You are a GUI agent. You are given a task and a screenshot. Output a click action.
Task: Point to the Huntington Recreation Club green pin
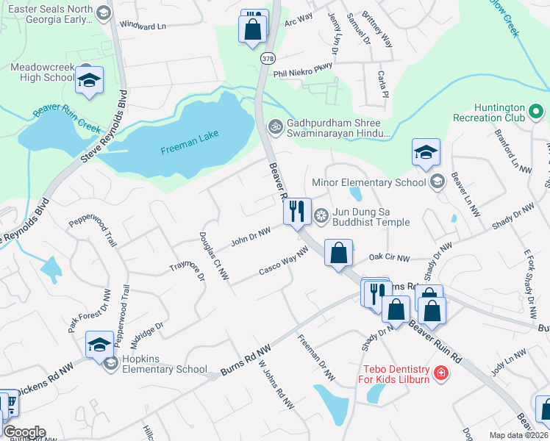pos(536,113)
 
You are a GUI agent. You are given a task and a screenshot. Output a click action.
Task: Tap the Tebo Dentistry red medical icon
pos(440,373)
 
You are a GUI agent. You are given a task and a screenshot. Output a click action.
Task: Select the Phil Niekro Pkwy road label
pos(303,70)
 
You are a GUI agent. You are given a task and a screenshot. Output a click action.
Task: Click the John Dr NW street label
pos(251,236)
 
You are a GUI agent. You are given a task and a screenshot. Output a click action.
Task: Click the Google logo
pos(24,432)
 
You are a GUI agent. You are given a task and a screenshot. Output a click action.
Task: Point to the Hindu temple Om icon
pos(276,126)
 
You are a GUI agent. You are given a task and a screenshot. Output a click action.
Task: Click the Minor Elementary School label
pos(369,182)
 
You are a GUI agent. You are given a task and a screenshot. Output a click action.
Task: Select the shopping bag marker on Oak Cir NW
pos(338,254)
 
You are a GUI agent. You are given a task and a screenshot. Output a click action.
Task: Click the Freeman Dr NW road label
pos(317,359)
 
